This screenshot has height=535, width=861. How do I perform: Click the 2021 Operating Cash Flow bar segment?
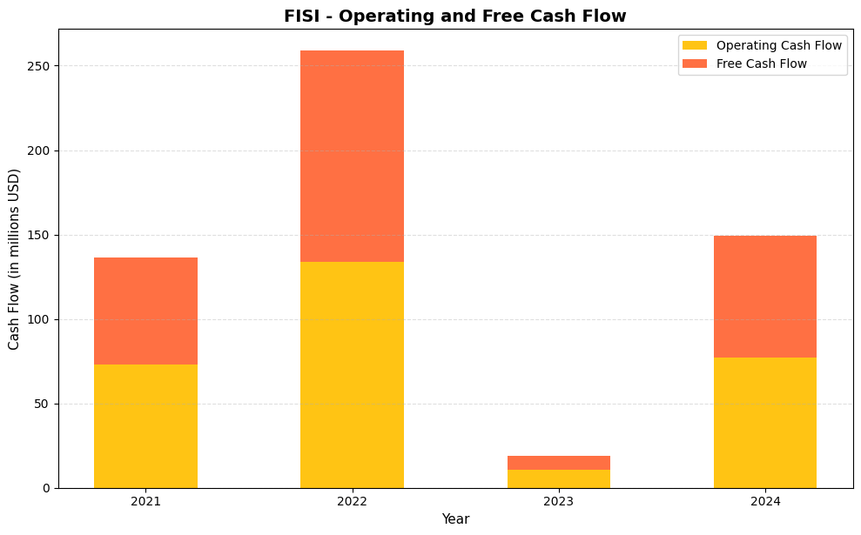point(145,426)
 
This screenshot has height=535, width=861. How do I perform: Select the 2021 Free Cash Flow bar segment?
point(145,311)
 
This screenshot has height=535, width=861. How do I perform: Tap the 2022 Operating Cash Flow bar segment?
point(352,375)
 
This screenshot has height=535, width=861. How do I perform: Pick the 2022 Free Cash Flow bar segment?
point(352,156)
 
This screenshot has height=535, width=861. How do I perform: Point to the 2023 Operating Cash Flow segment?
point(558,479)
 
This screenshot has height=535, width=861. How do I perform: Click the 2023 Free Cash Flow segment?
point(558,463)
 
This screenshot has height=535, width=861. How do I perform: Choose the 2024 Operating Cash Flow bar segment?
point(764,423)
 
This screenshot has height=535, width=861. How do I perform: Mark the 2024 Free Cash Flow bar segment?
point(764,297)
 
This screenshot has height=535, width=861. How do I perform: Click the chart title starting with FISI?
point(454,17)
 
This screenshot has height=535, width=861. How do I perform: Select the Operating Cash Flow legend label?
point(778,45)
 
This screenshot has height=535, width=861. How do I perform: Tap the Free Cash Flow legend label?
point(761,64)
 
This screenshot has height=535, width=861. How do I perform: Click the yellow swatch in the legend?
point(694,45)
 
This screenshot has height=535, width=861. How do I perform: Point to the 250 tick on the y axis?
point(41,66)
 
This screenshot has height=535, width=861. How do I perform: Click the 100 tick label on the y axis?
point(41,319)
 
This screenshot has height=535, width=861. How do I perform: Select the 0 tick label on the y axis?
point(48,488)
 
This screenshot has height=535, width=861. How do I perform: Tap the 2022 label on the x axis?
point(352,502)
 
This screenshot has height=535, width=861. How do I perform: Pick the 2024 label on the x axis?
point(764,502)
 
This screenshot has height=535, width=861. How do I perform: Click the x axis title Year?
point(455,519)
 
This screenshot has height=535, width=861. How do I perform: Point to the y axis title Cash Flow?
point(14,259)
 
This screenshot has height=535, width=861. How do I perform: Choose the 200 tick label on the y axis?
point(41,150)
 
